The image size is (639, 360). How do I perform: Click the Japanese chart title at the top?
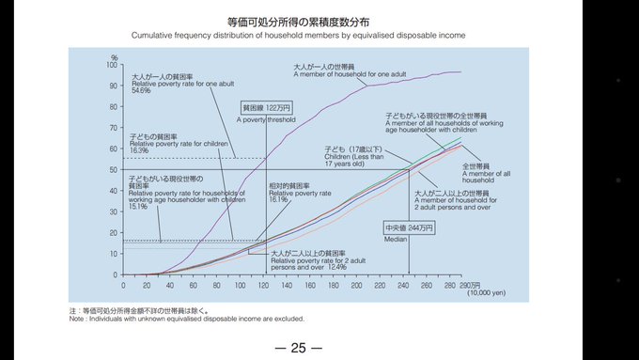298,21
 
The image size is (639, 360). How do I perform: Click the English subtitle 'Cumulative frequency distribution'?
298,35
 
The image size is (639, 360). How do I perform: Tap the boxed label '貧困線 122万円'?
265,108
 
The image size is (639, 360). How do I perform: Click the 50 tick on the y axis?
113,170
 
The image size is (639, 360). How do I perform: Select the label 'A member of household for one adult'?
349,73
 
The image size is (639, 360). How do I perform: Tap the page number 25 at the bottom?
299,348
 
